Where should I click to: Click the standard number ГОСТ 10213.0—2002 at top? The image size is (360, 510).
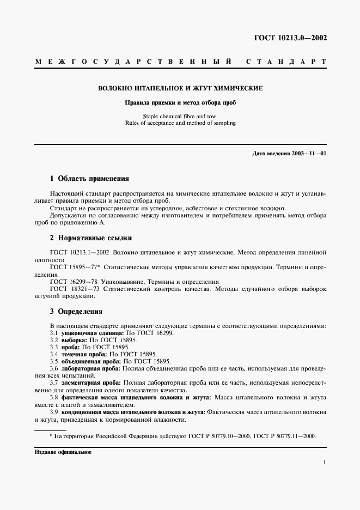[291, 38]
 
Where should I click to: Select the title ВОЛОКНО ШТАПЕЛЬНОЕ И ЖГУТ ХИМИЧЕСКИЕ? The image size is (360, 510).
[180, 88]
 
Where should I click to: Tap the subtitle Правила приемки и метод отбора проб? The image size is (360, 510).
[180, 102]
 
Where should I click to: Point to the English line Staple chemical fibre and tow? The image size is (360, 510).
[180, 116]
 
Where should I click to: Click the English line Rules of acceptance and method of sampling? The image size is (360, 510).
[180, 123]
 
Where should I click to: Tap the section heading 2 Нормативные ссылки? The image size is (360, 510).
[90, 238]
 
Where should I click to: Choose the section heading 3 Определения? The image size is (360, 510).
[76, 312]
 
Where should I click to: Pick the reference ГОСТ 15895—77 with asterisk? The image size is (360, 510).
[74, 268]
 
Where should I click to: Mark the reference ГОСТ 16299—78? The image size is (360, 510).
[72, 282]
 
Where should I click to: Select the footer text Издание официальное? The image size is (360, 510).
[63, 452]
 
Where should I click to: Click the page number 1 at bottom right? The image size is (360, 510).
[325, 463]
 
